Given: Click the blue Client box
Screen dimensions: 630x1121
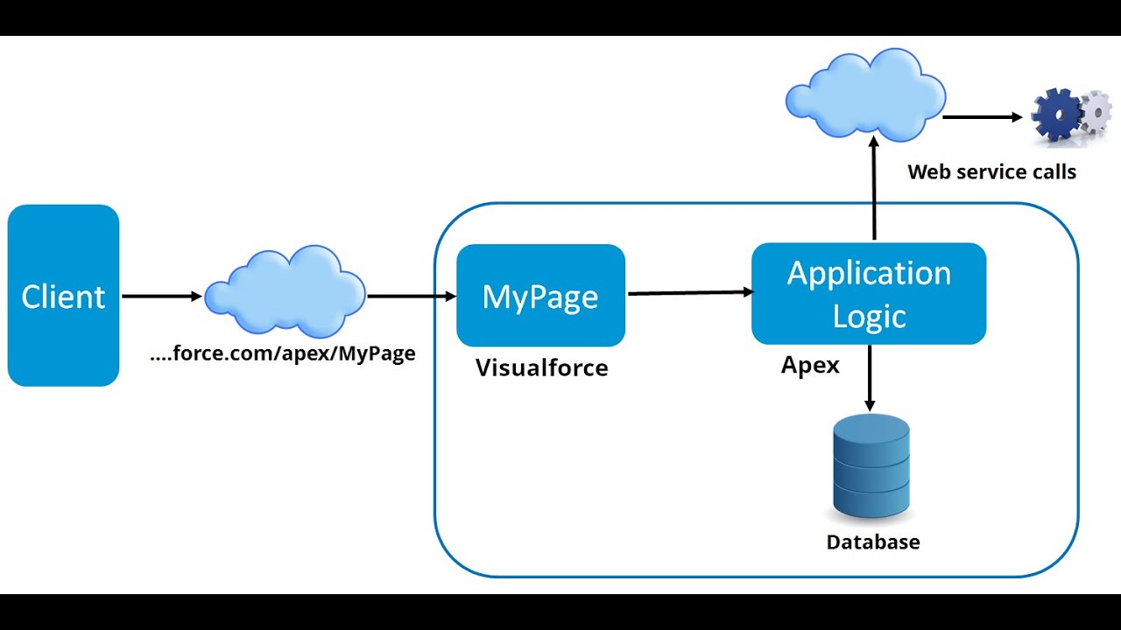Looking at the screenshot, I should [x=63, y=296].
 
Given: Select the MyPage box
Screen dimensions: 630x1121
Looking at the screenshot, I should [x=540, y=296].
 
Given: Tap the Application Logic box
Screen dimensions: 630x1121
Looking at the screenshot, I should [x=869, y=293].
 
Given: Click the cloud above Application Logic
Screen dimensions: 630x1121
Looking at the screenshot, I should [x=865, y=95].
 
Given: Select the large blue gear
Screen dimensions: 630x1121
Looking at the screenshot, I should [x=1056, y=115].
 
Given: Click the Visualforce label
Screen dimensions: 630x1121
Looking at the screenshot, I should [x=541, y=367].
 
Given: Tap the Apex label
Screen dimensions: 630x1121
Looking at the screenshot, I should [x=810, y=365].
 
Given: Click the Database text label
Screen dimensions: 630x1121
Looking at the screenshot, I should [x=872, y=542].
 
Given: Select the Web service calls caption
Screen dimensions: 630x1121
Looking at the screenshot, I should [x=991, y=171].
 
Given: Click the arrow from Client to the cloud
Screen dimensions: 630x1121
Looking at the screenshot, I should [x=162, y=297].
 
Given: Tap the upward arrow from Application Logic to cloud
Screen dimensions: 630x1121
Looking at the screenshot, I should [x=873, y=188].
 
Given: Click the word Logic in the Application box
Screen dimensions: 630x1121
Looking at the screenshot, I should [x=869, y=316].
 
